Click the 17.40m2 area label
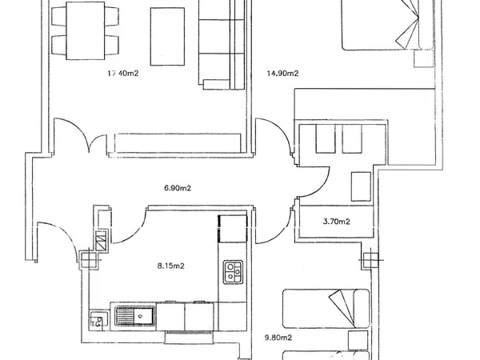(123, 73)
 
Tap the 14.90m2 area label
(282, 73)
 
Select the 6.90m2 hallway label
(178, 188)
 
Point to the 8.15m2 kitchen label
(171, 266)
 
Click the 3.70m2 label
(337, 222)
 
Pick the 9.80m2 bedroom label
(278, 338)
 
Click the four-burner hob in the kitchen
(233, 272)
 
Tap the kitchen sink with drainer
(135, 316)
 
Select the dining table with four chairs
(85, 30)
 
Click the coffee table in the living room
(167, 37)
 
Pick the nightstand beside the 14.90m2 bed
(424, 58)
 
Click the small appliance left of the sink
(99, 320)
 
